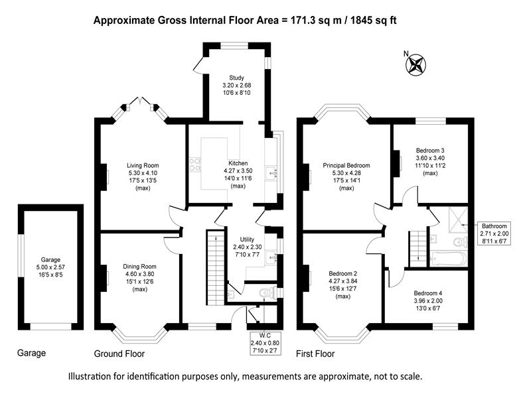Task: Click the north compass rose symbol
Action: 415,64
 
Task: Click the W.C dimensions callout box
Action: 265,343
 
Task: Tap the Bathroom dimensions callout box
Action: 494,233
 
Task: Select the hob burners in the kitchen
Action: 194,165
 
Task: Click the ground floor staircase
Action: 216,267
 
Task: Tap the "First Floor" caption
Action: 315,354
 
